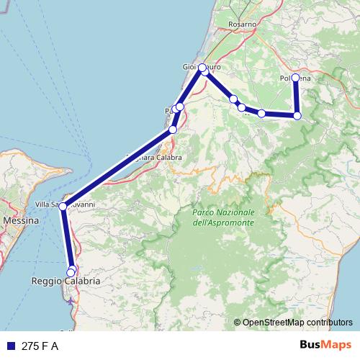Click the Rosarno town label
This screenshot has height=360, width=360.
point(243,24)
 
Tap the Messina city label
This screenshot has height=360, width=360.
point(21,220)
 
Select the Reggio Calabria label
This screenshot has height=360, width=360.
point(66,282)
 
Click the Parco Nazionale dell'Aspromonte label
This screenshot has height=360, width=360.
point(223,218)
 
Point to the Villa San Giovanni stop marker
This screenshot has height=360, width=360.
point(63,206)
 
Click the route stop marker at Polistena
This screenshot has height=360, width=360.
point(295,78)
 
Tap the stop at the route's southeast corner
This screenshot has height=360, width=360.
point(297,115)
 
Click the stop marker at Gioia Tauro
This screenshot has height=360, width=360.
point(202,68)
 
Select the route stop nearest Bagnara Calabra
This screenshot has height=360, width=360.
point(173,130)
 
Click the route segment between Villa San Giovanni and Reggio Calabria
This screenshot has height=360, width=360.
point(67,238)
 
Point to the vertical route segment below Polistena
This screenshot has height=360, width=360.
point(296,96)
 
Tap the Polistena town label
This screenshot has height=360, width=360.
point(295,78)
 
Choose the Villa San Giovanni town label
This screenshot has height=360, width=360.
point(66,203)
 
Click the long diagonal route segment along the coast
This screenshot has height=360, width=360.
point(119,167)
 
